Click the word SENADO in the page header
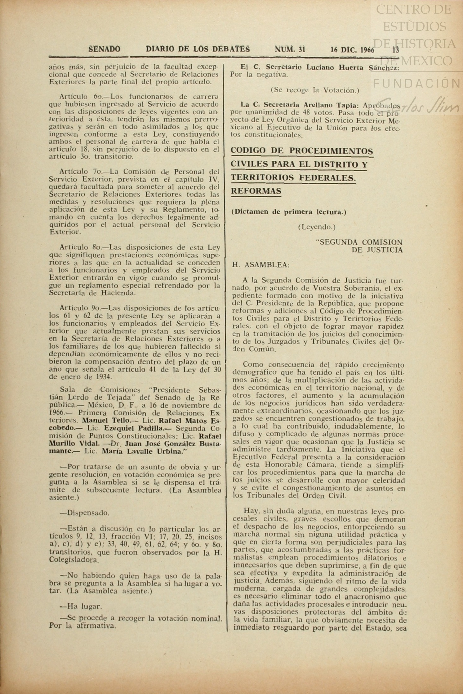[104, 49]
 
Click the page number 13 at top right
[395, 50]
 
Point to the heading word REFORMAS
[256, 191]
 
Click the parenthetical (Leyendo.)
[317, 227]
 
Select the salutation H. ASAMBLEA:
[261, 265]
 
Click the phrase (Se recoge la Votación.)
[315, 90]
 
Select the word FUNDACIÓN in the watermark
[416, 83]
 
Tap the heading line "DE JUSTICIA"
[377, 250]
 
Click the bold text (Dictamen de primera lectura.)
[289, 212]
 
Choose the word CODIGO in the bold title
[248, 151]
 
